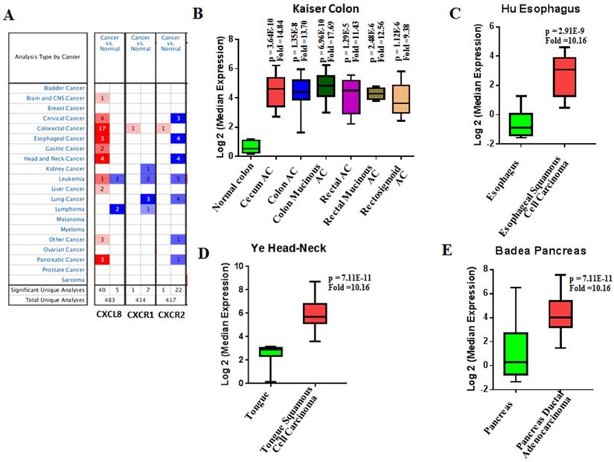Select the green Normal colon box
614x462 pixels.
point(251,146)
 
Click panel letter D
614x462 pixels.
point(202,251)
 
